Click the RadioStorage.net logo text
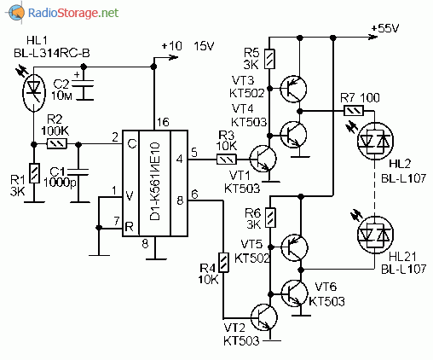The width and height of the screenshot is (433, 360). pos(73,13)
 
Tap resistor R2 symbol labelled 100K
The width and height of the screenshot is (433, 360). pos(57,144)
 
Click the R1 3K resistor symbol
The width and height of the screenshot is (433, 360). pos(34,173)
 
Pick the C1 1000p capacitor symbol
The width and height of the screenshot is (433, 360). pos(78,171)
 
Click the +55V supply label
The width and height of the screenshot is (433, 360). pos(385,28)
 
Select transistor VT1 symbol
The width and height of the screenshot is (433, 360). pos(263,159)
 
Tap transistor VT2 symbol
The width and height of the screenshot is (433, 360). pos(264,317)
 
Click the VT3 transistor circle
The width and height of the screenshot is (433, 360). pos(293,89)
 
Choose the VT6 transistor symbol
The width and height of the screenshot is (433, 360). pos(294,293)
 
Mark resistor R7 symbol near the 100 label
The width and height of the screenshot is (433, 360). pos(354,111)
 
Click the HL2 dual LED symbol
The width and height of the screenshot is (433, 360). pos(375,141)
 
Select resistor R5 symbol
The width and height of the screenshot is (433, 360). pos(269,59)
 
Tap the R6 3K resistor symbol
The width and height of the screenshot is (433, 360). pos(270,218)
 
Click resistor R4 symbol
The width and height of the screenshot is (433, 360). pos(223,263)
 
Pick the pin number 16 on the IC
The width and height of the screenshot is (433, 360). pos(163,122)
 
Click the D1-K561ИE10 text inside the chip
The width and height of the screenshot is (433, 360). pos(155,183)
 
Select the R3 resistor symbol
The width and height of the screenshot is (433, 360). pos(227,160)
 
